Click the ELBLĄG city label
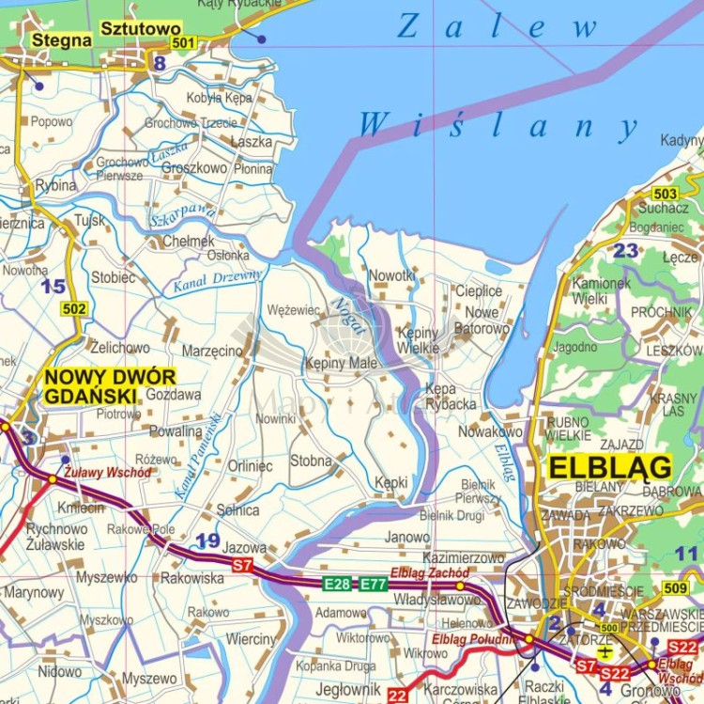610,467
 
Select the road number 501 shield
184,42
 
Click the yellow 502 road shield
74,308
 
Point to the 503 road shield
665,194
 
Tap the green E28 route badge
337,584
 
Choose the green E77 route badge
373,584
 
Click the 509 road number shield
675,588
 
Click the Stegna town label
62,40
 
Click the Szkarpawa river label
182,216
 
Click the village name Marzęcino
211,351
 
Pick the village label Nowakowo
490,431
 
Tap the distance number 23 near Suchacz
625,251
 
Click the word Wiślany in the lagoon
497,125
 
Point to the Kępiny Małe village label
341,363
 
